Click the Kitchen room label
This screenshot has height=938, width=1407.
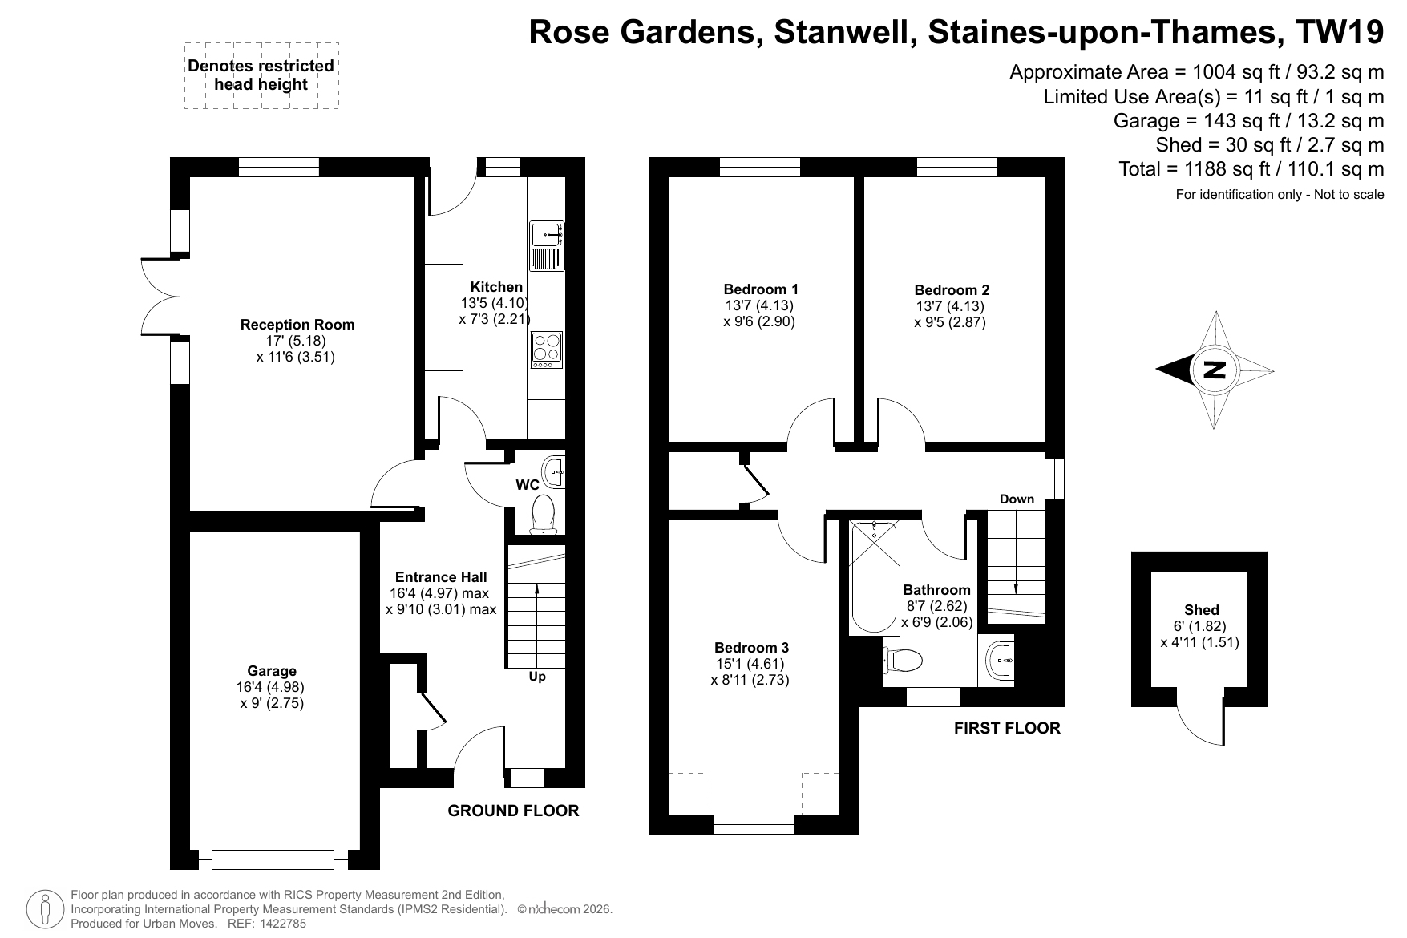click(x=496, y=287)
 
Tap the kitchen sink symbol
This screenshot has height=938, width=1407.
click(x=548, y=246)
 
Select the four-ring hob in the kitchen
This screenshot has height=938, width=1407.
click(x=547, y=350)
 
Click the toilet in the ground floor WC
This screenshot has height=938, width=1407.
click(x=544, y=513)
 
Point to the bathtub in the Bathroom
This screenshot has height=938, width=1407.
click(x=874, y=576)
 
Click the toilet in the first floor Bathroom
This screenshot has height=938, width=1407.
click(x=903, y=661)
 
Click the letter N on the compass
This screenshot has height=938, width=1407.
click(x=1215, y=370)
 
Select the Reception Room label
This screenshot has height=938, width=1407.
click(x=297, y=325)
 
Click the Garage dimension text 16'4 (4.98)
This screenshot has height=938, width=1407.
click(x=271, y=687)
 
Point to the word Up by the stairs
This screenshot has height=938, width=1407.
click(x=537, y=677)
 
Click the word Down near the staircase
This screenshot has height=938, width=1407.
click(x=1017, y=499)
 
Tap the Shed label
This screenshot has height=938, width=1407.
click(x=1201, y=610)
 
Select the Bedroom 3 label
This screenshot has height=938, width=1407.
click(x=751, y=648)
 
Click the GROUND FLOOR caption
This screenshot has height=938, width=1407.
click(x=513, y=811)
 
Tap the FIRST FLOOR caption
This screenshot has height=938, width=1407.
click(x=1007, y=728)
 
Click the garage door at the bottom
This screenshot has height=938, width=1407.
click(x=273, y=859)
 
